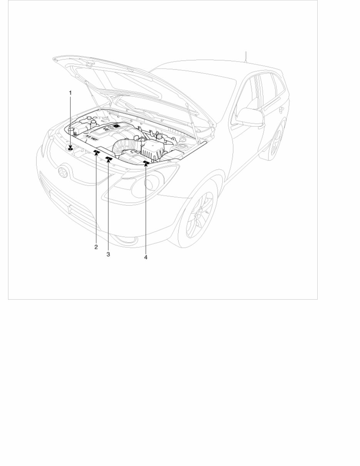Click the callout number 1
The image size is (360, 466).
(x=70, y=93)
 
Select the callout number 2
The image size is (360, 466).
(x=96, y=247)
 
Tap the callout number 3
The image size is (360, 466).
(x=108, y=255)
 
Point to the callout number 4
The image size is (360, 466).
(x=146, y=257)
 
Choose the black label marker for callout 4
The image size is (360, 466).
(x=146, y=163)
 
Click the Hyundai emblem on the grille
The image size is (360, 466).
(x=62, y=172)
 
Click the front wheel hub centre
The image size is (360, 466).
(x=199, y=216)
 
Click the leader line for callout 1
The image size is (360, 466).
(x=70, y=119)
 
